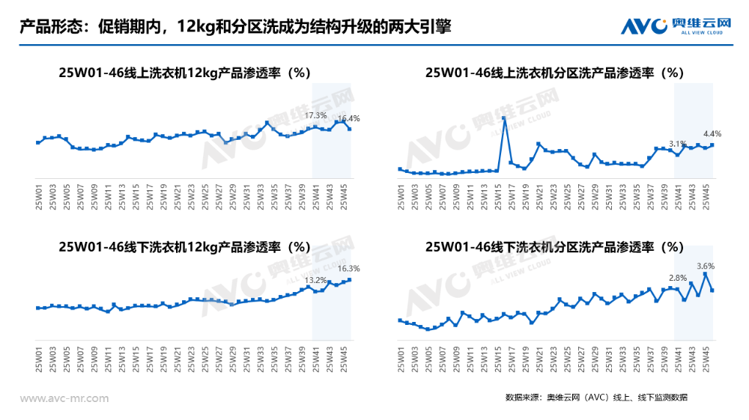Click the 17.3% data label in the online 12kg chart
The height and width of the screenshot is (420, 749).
click(316, 115)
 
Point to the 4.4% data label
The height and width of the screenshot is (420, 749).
click(712, 133)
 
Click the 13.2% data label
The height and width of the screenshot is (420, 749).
click(316, 280)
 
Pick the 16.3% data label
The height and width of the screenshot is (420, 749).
click(349, 268)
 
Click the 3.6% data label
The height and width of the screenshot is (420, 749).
click(706, 266)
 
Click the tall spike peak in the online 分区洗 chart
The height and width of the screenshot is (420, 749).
click(504, 118)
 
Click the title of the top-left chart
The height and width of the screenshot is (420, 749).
click(184, 73)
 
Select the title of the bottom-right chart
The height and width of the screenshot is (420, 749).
click(555, 246)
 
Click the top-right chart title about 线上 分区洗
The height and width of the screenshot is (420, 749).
click(555, 73)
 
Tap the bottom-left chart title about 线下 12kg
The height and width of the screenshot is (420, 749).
click(184, 246)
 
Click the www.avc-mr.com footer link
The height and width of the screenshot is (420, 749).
click(64, 398)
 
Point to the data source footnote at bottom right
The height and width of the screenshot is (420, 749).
click(595, 397)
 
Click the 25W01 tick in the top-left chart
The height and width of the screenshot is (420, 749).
click(39, 196)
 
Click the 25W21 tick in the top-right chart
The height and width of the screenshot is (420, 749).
click(539, 196)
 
